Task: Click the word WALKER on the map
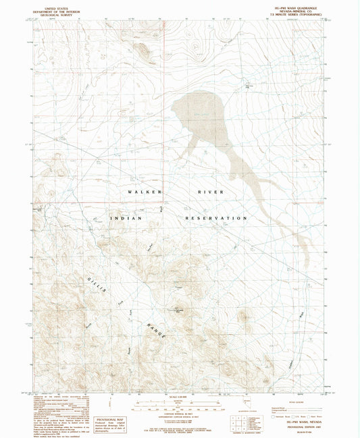coord(145,192)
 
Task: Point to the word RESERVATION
coord(216,219)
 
